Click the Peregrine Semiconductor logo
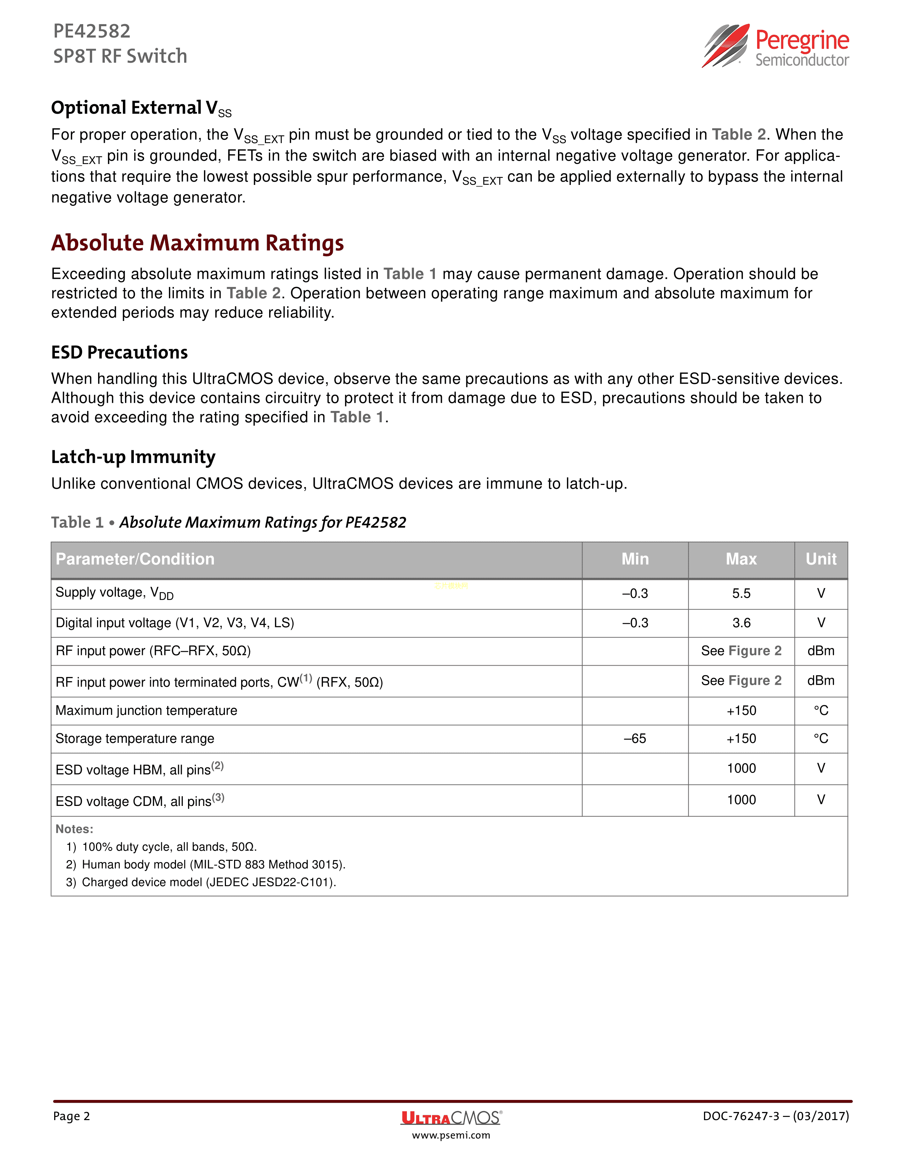[x=775, y=46]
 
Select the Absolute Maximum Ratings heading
[x=197, y=243]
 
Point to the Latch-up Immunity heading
[x=133, y=457]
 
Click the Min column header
[x=635, y=559]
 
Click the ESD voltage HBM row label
[x=140, y=770]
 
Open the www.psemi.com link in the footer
[x=451, y=1135]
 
